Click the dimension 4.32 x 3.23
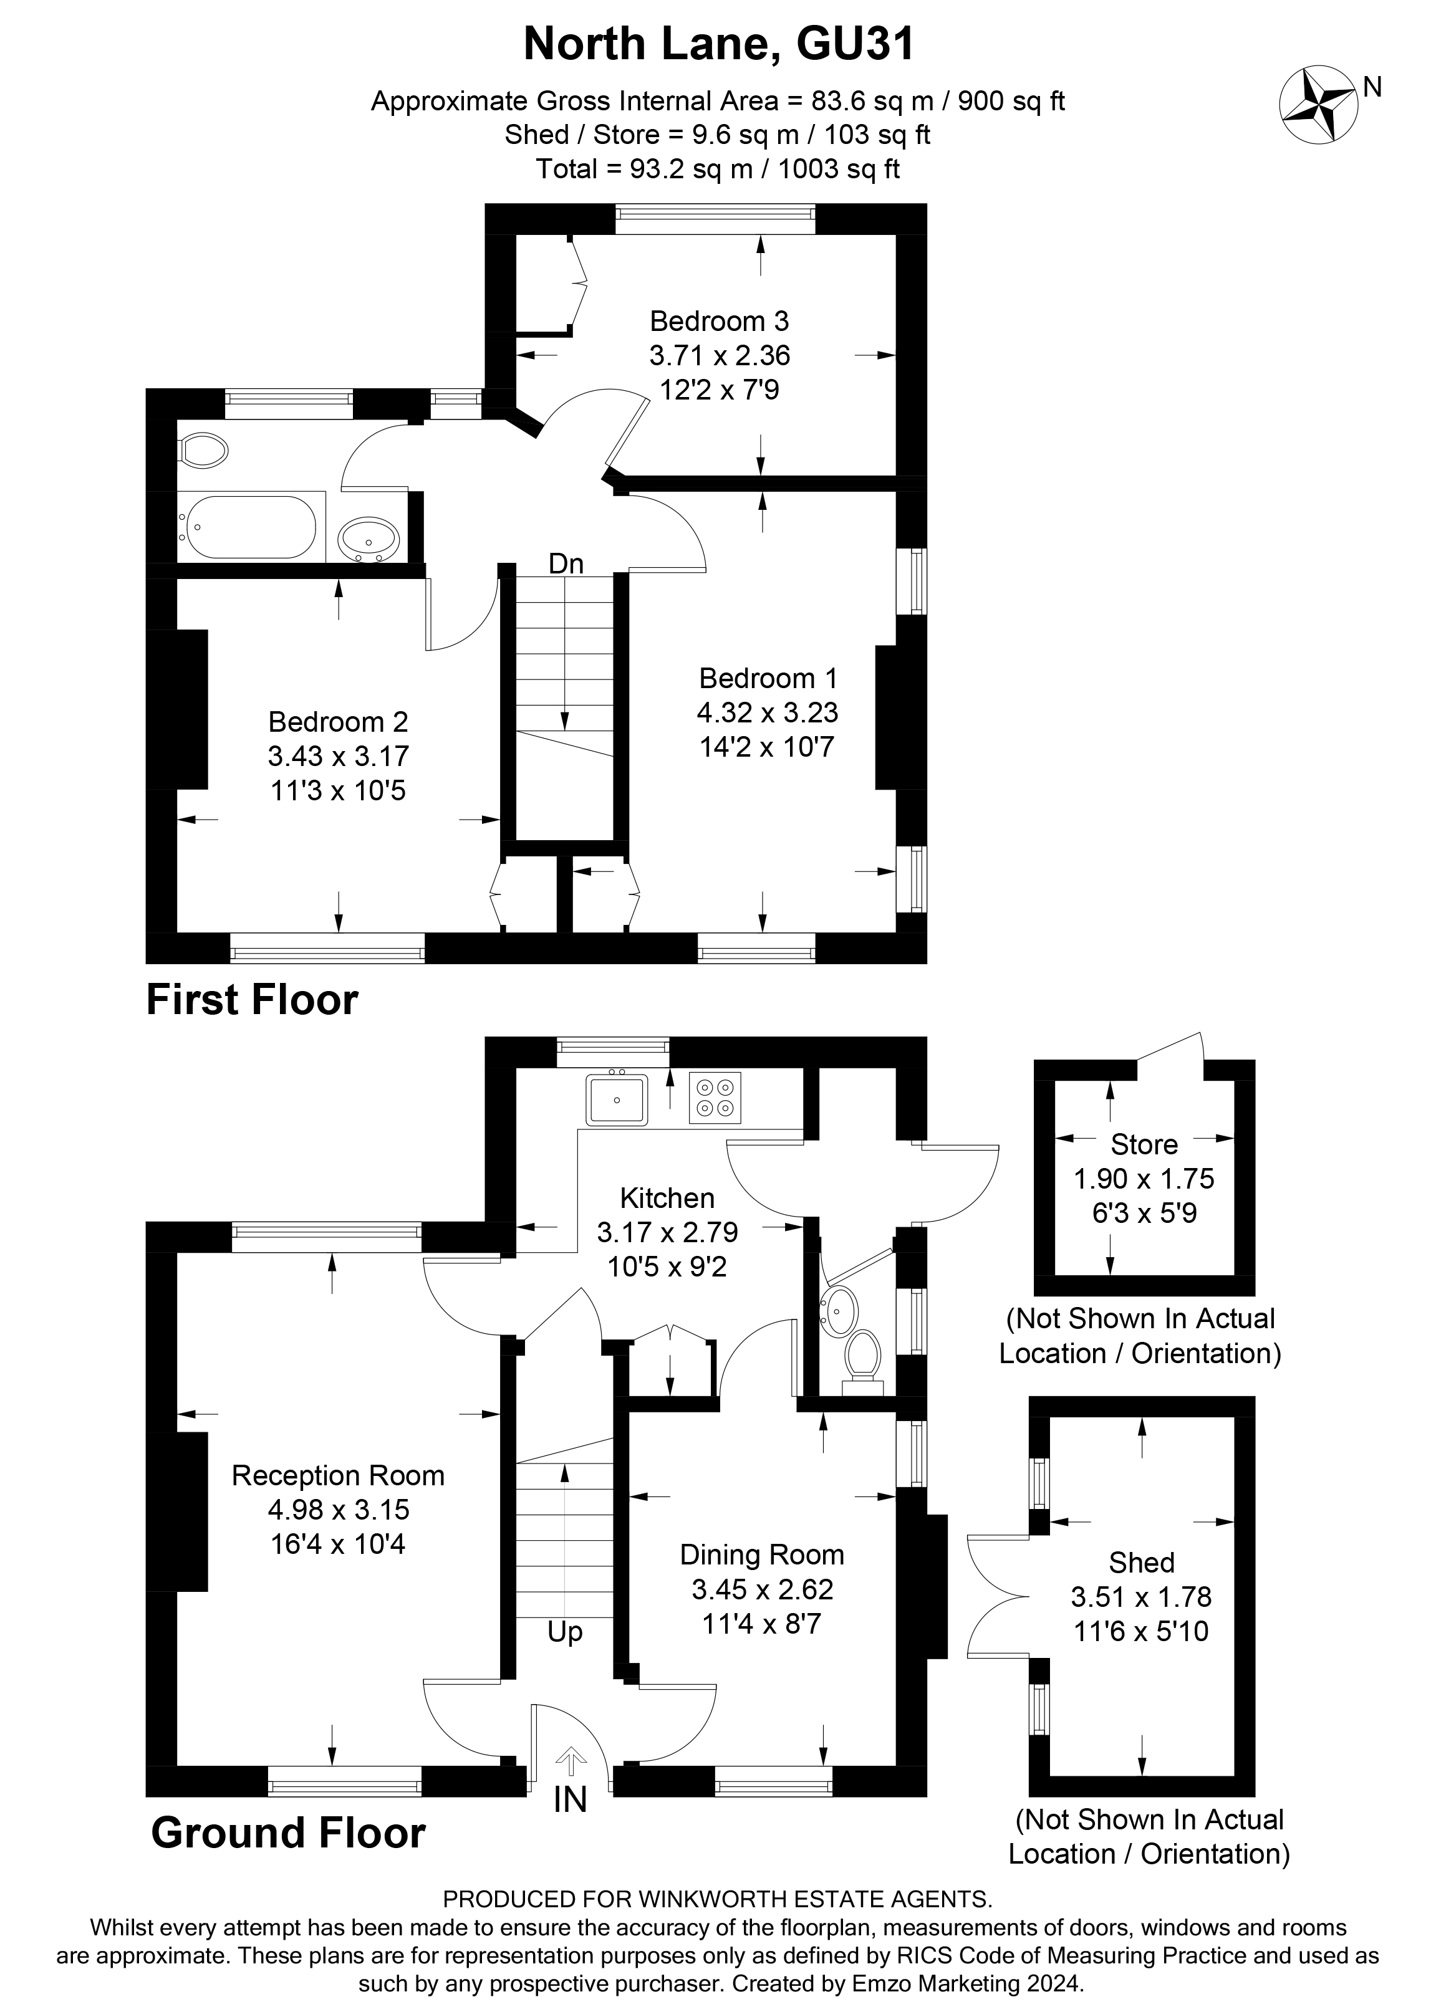766,712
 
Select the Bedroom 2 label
338,722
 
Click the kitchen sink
617,1099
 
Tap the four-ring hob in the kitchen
715,1098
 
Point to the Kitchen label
667,1198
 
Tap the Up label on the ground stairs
564,1632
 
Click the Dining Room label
761,1554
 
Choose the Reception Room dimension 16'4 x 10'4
337,1544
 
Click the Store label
1144,1145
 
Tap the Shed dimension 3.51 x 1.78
1141,1596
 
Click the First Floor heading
252,1000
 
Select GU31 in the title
855,44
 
